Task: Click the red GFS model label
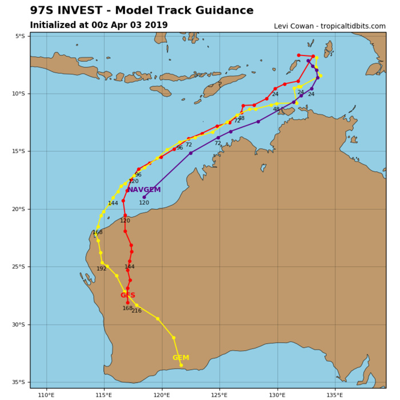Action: pyautogui.click(x=127, y=295)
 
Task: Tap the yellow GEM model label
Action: pyautogui.click(x=181, y=358)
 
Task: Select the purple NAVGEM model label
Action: pyautogui.click(x=144, y=190)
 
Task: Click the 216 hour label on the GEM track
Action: pyautogui.click(x=137, y=311)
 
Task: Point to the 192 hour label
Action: pyautogui.click(x=101, y=269)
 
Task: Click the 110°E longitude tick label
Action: pyautogui.click(x=46, y=394)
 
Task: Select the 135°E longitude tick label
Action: pyautogui.click(x=335, y=394)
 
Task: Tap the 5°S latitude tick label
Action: pyautogui.click(x=20, y=36)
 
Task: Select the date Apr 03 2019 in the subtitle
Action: pyautogui.click(x=139, y=25)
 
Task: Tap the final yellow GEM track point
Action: pyautogui.click(x=181, y=365)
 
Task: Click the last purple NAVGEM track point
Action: pyautogui.click(x=144, y=197)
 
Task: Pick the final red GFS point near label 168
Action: pyautogui.click(x=127, y=303)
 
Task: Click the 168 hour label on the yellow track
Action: pyautogui.click(x=98, y=233)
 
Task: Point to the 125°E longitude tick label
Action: pyautogui.click(x=219, y=394)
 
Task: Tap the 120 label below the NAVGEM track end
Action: pyautogui.click(x=144, y=203)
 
